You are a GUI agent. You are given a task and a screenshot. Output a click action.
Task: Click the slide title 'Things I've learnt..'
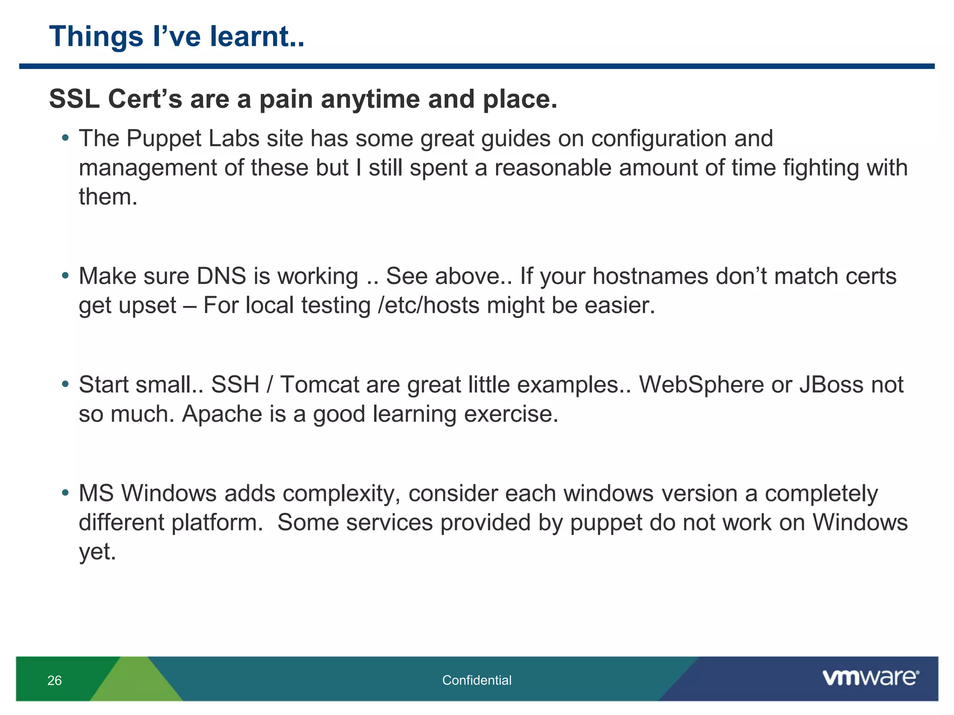[x=177, y=37]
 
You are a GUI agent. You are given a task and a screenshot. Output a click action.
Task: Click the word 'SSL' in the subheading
[x=74, y=99]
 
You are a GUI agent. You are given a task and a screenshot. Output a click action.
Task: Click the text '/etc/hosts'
[x=428, y=306]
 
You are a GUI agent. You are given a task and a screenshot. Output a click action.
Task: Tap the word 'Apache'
[x=221, y=414]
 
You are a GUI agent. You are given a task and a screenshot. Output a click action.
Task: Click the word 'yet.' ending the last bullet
[x=97, y=552]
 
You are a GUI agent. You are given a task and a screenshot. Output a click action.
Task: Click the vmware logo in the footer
[x=870, y=678]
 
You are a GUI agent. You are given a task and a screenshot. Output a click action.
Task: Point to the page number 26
[x=55, y=681]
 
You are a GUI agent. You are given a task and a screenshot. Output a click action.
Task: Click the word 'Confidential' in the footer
[x=477, y=681]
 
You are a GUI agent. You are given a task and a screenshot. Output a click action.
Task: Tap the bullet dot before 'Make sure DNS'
[x=66, y=276]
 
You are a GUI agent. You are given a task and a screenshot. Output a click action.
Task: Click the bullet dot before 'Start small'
[x=66, y=384]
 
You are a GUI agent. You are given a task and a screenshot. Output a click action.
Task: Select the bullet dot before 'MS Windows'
[x=66, y=492]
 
